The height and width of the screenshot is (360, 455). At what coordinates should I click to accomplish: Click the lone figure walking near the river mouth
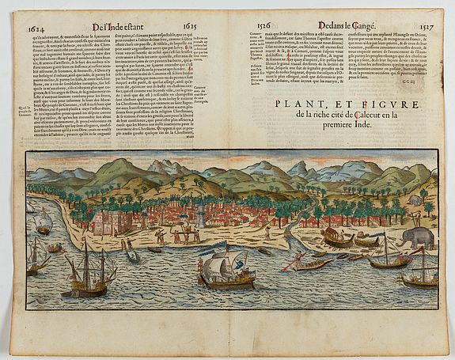click(267, 233)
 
